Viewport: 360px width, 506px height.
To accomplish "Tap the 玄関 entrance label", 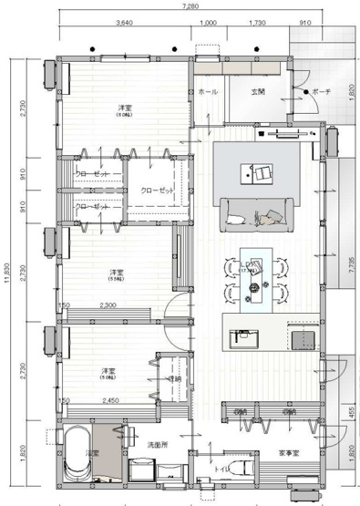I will [258, 91].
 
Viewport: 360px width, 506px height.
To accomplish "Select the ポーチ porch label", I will [321, 92].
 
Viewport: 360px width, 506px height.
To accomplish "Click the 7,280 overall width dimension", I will [190, 5].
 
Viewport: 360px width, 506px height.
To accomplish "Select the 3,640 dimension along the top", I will [126, 22].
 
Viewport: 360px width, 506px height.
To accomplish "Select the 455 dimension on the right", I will [352, 411].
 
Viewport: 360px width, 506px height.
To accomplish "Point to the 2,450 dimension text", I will [111, 400].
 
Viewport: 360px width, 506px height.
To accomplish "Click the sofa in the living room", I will [254, 212].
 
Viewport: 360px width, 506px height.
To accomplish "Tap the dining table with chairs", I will [254, 274].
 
